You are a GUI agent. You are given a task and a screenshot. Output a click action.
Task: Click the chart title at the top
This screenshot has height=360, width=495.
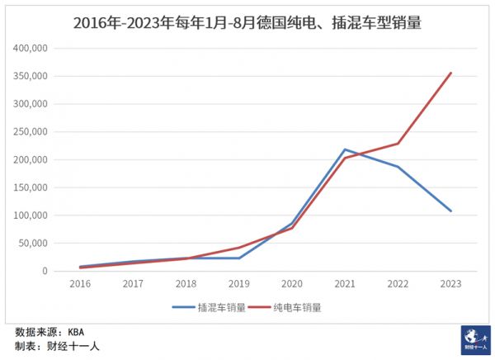tap(247, 23)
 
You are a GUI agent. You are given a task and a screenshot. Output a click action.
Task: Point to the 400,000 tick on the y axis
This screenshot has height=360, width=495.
tap(31, 49)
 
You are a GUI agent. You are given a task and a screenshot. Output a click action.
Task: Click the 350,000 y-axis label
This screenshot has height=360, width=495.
tap(31, 77)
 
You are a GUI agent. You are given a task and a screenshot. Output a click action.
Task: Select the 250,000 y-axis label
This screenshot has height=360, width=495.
tap(31, 132)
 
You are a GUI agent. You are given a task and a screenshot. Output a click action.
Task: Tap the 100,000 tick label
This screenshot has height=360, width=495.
tap(31, 216)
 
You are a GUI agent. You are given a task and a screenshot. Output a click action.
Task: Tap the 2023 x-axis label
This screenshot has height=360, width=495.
tap(450, 283)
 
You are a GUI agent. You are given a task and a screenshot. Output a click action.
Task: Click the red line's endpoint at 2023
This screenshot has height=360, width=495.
tap(451, 73)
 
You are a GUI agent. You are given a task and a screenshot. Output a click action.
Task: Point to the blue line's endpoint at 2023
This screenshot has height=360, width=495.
tap(451, 211)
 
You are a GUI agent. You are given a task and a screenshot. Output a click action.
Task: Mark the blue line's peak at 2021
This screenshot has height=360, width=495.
tap(345, 149)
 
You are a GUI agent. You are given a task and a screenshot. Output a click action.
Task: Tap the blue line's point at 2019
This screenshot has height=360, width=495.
tap(239, 258)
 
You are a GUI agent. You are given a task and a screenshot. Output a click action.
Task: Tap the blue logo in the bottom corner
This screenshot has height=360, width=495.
tap(474, 340)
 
